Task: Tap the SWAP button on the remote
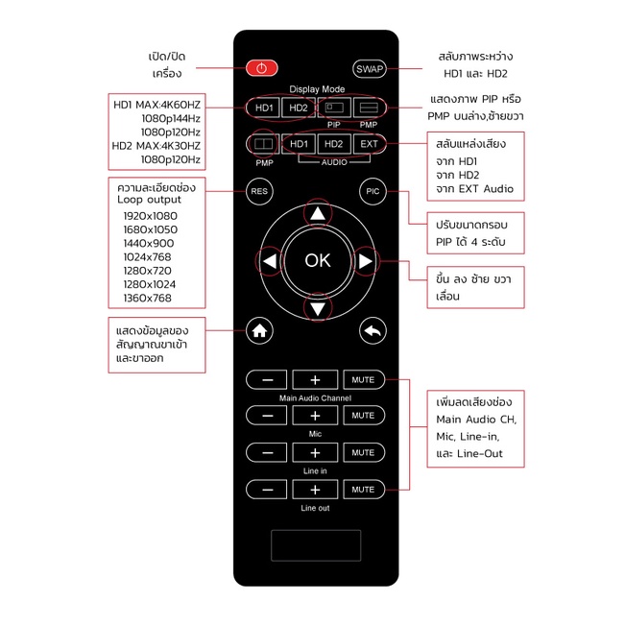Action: [369, 69]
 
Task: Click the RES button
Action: [259, 191]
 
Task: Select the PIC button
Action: [373, 191]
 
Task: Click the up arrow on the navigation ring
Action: [318, 214]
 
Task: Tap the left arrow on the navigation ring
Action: [270, 261]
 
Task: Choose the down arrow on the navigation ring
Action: [318, 309]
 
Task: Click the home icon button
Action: [259, 330]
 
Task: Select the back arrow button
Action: [373, 330]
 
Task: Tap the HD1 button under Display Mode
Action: [263, 108]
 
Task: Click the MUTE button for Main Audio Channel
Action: [364, 379]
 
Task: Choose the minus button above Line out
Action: [267, 490]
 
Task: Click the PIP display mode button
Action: [334, 108]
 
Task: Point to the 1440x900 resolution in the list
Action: [149, 243]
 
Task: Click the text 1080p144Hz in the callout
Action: [171, 118]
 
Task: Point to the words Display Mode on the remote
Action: [317, 89]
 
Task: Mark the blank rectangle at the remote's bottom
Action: [316, 545]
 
